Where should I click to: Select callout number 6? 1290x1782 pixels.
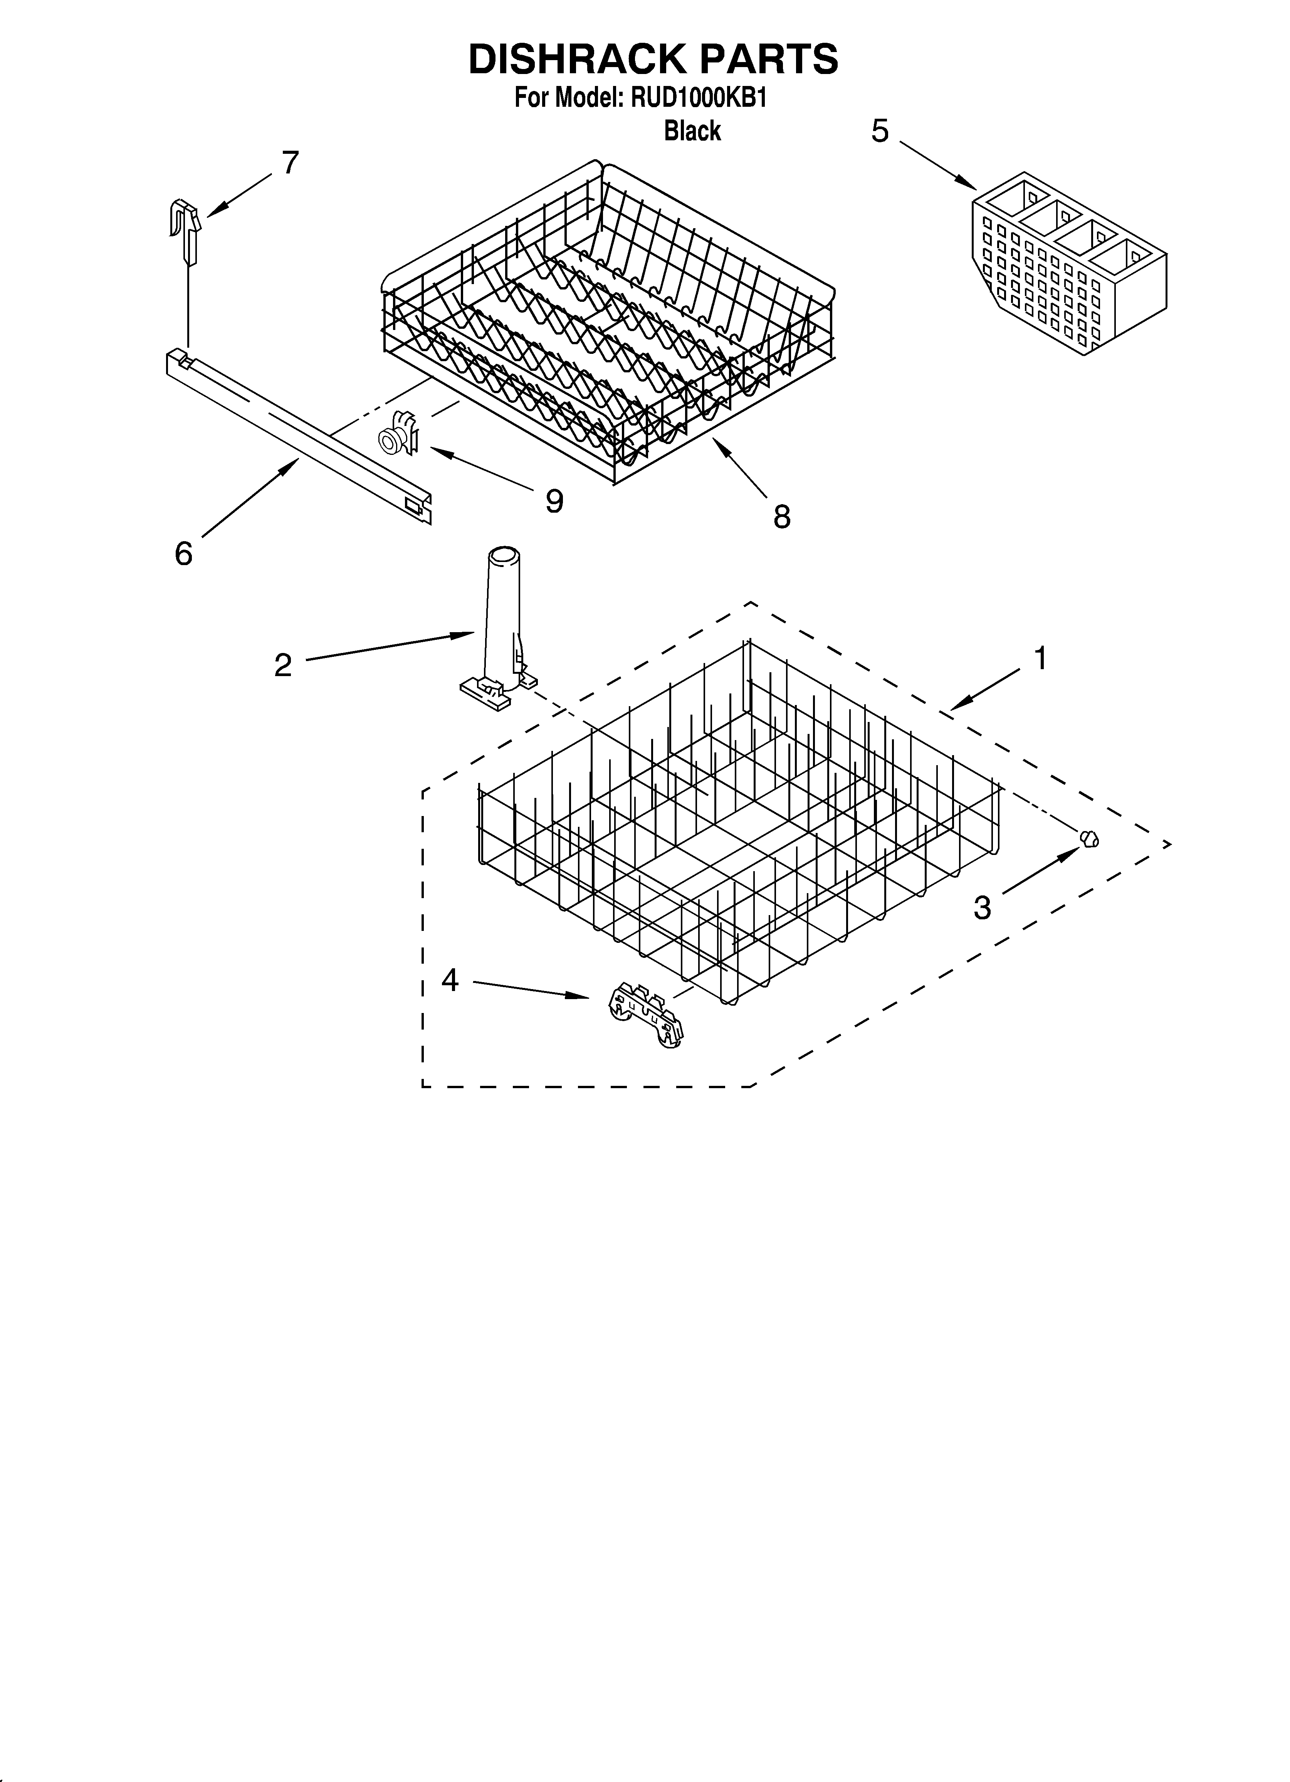tap(183, 554)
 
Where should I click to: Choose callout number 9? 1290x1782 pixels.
tap(555, 500)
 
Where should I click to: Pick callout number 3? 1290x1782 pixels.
tap(982, 907)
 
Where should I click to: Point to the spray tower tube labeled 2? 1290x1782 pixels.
tap(500, 621)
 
